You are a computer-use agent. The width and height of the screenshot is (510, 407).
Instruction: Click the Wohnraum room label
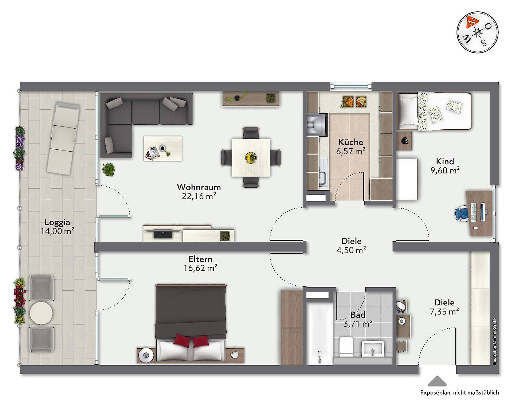pyautogui.click(x=199, y=187)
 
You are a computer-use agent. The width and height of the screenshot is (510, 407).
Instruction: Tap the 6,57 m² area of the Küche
pyautogui.click(x=351, y=151)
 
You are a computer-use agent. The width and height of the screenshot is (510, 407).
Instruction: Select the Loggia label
pyautogui.click(x=57, y=222)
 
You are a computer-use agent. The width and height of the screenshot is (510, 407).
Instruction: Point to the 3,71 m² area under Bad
pyautogui.click(x=358, y=324)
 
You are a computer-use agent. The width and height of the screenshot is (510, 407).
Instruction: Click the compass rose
pyautogui.click(x=477, y=32)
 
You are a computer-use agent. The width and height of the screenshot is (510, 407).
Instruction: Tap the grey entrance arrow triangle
pyautogui.click(x=437, y=381)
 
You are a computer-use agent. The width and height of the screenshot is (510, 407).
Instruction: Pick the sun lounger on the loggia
pyautogui.click(x=63, y=138)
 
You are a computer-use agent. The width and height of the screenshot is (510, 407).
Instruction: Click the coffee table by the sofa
pyautogui.click(x=163, y=148)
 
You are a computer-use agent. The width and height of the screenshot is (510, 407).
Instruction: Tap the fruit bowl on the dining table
pyautogui.click(x=251, y=157)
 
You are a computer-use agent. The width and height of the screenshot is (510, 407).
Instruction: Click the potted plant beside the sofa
pyautogui.click(x=109, y=169)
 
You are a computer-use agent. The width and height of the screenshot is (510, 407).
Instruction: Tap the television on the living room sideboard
pyautogui.click(x=163, y=233)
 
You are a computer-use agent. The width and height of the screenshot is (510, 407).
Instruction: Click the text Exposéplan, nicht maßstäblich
pyautogui.click(x=459, y=392)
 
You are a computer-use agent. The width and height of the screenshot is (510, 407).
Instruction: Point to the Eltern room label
pyautogui.click(x=200, y=259)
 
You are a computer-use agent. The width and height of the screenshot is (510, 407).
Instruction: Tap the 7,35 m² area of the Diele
pyautogui.click(x=444, y=312)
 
